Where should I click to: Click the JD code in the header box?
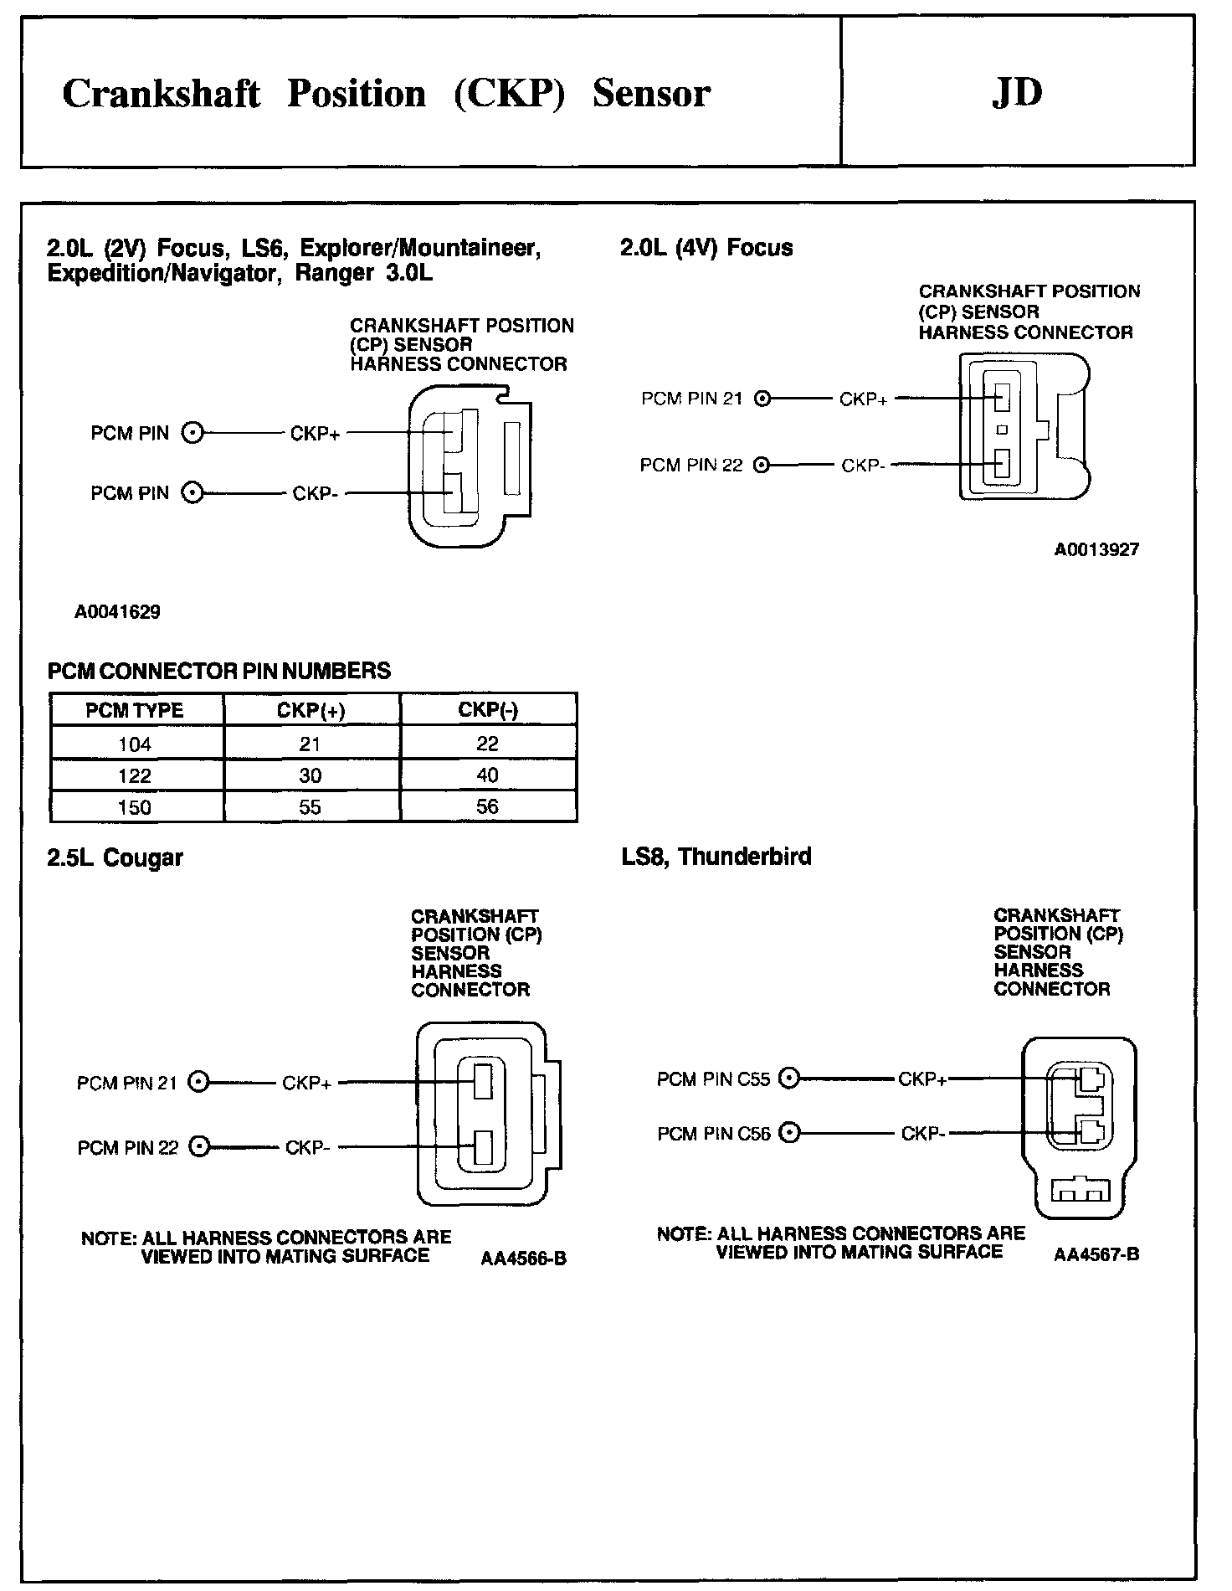(1017, 93)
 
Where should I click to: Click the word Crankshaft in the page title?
(162, 94)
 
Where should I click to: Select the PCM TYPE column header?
(135, 710)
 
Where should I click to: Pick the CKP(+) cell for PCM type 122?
(311, 775)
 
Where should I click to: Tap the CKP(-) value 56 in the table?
(487, 806)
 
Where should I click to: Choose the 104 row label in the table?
(135, 744)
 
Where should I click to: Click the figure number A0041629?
(117, 612)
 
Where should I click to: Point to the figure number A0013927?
(1096, 550)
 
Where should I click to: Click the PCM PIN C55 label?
(713, 1079)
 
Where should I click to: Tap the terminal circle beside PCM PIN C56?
(789, 1133)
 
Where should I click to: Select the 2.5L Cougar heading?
(116, 857)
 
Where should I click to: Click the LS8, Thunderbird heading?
(716, 857)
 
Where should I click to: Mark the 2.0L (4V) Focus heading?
(706, 248)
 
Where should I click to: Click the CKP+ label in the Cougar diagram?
(307, 1083)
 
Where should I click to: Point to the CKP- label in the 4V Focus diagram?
(863, 466)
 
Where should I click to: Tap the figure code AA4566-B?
(524, 1259)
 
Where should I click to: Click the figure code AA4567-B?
(1096, 1254)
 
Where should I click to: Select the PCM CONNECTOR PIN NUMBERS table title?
(219, 672)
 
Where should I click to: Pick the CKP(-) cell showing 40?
(487, 775)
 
